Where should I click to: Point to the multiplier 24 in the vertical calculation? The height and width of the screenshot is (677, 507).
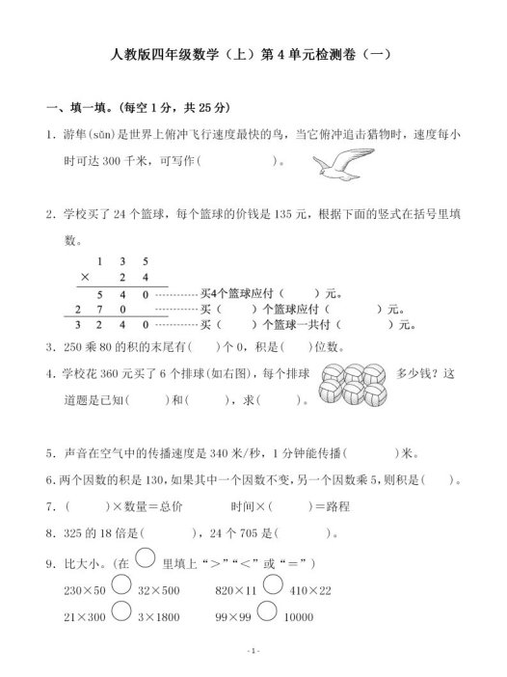coord(135,277)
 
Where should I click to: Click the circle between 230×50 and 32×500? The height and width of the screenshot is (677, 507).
coord(121,584)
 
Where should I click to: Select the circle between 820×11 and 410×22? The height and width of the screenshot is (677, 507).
coord(272,584)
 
